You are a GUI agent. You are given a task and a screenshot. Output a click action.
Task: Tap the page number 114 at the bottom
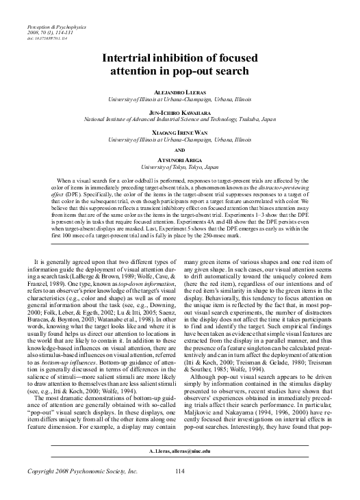(x=181, y=490)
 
